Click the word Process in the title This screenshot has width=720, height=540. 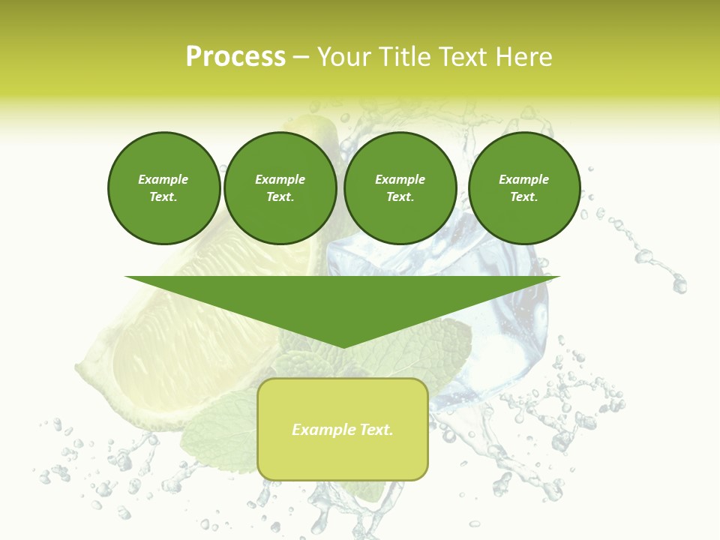coord(235,57)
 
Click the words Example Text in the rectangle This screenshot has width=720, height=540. coord(343,430)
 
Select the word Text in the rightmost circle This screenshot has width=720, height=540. coord(524,196)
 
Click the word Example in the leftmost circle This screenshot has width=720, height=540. coord(163,179)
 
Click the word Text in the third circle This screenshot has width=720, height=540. coord(400,196)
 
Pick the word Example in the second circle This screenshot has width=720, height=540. coord(280,179)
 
